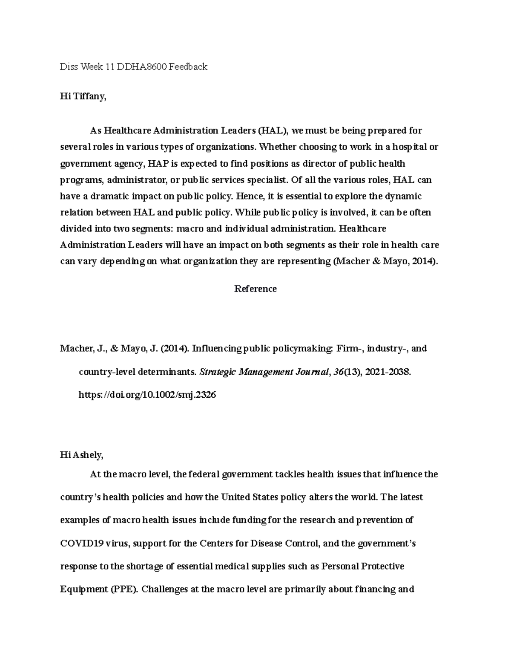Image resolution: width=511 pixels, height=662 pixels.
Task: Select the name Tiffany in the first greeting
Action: [89, 97]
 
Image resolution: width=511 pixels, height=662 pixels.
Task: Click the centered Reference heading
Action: [255, 289]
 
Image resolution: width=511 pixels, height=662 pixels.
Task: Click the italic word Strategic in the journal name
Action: [218, 372]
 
